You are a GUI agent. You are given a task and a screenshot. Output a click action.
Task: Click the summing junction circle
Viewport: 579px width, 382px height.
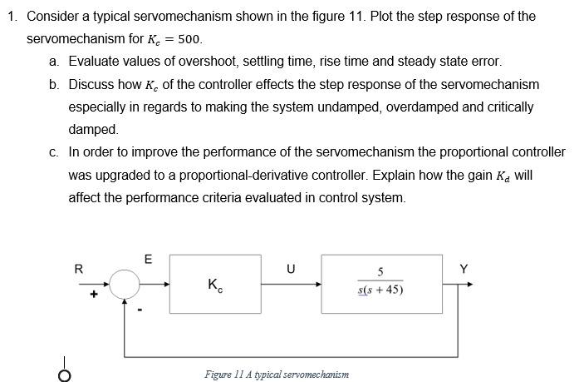point(125,285)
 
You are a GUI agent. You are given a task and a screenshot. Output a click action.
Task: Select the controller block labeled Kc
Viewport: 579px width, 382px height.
point(214,285)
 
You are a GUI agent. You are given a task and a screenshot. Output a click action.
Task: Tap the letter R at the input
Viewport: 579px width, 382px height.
point(79,269)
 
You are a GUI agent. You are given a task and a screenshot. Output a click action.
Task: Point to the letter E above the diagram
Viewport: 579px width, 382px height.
point(148,259)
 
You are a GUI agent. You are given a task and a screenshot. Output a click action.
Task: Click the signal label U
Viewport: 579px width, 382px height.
point(290,269)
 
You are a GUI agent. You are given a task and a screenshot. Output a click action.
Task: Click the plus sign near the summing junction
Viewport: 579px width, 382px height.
point(95,294)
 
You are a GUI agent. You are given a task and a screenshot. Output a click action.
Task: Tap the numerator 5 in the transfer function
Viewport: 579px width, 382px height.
point(380,272)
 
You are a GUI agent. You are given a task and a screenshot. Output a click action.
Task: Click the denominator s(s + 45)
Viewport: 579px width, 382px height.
point(380,290)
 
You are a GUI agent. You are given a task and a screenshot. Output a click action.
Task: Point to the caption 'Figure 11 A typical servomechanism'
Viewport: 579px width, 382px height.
point(277,374)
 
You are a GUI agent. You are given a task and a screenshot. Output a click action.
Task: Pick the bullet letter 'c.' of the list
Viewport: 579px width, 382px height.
point(54,152)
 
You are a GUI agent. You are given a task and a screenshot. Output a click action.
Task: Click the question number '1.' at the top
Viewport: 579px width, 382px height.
point(12,17)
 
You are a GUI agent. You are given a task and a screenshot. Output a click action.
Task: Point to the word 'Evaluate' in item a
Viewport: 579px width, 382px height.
point(95,62)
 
